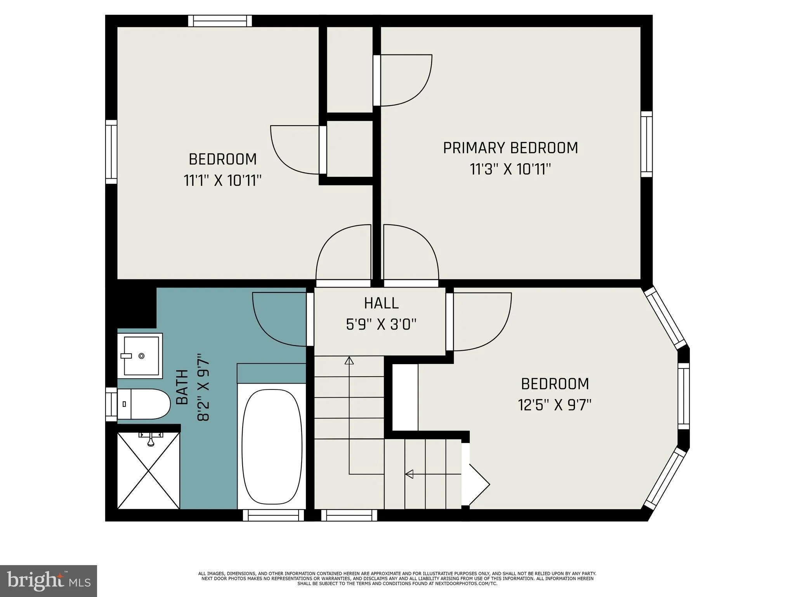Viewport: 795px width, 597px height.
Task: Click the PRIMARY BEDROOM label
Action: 510,148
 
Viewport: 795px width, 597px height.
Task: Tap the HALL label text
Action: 381,303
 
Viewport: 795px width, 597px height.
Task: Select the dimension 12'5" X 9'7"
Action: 554,405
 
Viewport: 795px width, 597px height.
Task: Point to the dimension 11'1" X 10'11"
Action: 222,181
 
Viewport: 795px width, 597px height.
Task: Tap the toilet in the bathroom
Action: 146,404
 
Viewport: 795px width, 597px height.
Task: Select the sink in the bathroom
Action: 141,356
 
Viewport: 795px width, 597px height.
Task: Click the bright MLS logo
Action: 48,581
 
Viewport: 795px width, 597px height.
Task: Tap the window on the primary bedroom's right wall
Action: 646,144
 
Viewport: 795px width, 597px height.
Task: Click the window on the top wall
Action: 220,21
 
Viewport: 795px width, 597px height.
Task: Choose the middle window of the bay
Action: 684,396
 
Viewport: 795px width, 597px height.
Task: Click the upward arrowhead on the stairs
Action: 349,361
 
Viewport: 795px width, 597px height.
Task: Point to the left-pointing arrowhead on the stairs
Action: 409,474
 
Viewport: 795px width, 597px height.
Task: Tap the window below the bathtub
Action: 273,515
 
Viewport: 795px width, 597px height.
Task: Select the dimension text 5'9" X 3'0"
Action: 381,324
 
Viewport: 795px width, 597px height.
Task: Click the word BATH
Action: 182,387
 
